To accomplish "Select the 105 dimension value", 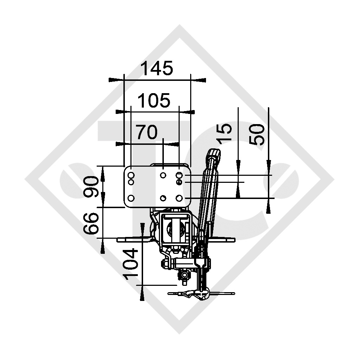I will pyautogui.click(x=154, y=101).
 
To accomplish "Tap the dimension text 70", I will pyautogui.click(x=147, y=133).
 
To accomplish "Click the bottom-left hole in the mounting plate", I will pyautogui.click(x=131, y=198).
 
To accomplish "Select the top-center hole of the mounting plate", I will pyautogui.click(x=163, y=175).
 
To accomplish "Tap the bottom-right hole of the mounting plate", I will pyautogui.click(x=179, y=198).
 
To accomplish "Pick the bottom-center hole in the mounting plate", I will pyautogui.click(x=163, y=198).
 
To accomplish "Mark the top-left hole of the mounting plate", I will pyautogui.click(x=131, y=175).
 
